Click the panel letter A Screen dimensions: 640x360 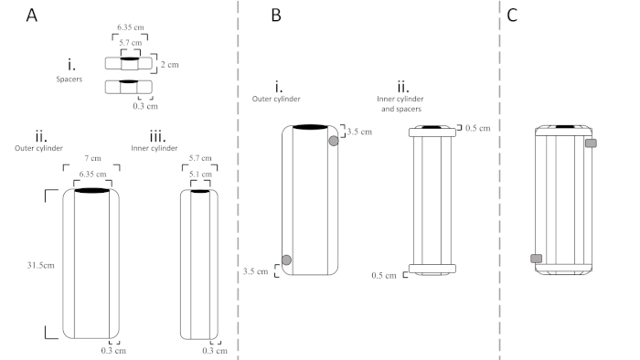[x=32, y=16]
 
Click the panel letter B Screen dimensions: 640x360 [x=276, y=16]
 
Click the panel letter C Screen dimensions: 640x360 [x=512, y=16]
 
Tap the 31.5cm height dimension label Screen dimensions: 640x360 [x=41, y=265]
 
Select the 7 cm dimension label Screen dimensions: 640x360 [x=92, y=158]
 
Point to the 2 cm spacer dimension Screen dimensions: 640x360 [x=169, y=65]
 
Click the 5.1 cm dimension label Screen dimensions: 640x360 [x=200, y=175]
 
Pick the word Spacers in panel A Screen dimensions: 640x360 [x=69, y=79]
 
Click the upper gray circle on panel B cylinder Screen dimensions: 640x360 [x=334, y=141]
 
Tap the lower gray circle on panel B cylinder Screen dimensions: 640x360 [x=286, y=259]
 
